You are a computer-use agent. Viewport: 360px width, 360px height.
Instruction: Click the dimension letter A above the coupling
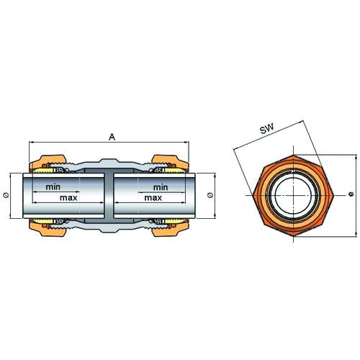coord(112,137)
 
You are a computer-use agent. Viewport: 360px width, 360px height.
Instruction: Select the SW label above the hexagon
coord(267,130)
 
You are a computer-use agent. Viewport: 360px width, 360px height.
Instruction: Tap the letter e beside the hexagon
coord(351,194)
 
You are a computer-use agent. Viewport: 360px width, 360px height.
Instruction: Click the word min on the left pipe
coord(53,186)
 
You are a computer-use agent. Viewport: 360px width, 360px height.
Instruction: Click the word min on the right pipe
coord(161,187)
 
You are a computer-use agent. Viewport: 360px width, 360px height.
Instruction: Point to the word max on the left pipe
coord(68,198)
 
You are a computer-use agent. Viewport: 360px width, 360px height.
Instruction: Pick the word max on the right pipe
coord(153,198)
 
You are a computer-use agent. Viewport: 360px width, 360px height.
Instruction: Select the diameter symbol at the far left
coord(6,195)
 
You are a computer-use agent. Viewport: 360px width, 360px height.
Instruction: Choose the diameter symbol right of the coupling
coord(210,195)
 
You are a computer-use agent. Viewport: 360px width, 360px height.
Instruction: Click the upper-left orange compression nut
coord(48,161)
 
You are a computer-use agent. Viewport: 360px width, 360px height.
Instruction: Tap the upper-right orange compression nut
coord(170,161)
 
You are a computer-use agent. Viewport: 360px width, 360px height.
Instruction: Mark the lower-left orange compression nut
coord(48,229)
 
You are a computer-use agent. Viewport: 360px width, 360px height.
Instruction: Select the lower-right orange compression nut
coord(170,229)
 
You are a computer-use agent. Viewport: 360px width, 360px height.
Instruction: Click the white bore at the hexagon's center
coord(293,195)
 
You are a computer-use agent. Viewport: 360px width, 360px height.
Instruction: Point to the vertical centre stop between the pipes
coord(109,196)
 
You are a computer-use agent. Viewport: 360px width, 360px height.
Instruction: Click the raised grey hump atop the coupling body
coord(109,162)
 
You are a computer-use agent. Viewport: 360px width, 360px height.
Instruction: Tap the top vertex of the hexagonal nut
coord(293,155)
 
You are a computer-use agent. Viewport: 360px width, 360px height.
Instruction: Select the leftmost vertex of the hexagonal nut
coord(253,195)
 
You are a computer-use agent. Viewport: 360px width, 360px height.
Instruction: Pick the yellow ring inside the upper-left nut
coord(43,171)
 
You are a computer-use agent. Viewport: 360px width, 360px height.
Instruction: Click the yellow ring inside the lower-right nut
coord(175,220)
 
